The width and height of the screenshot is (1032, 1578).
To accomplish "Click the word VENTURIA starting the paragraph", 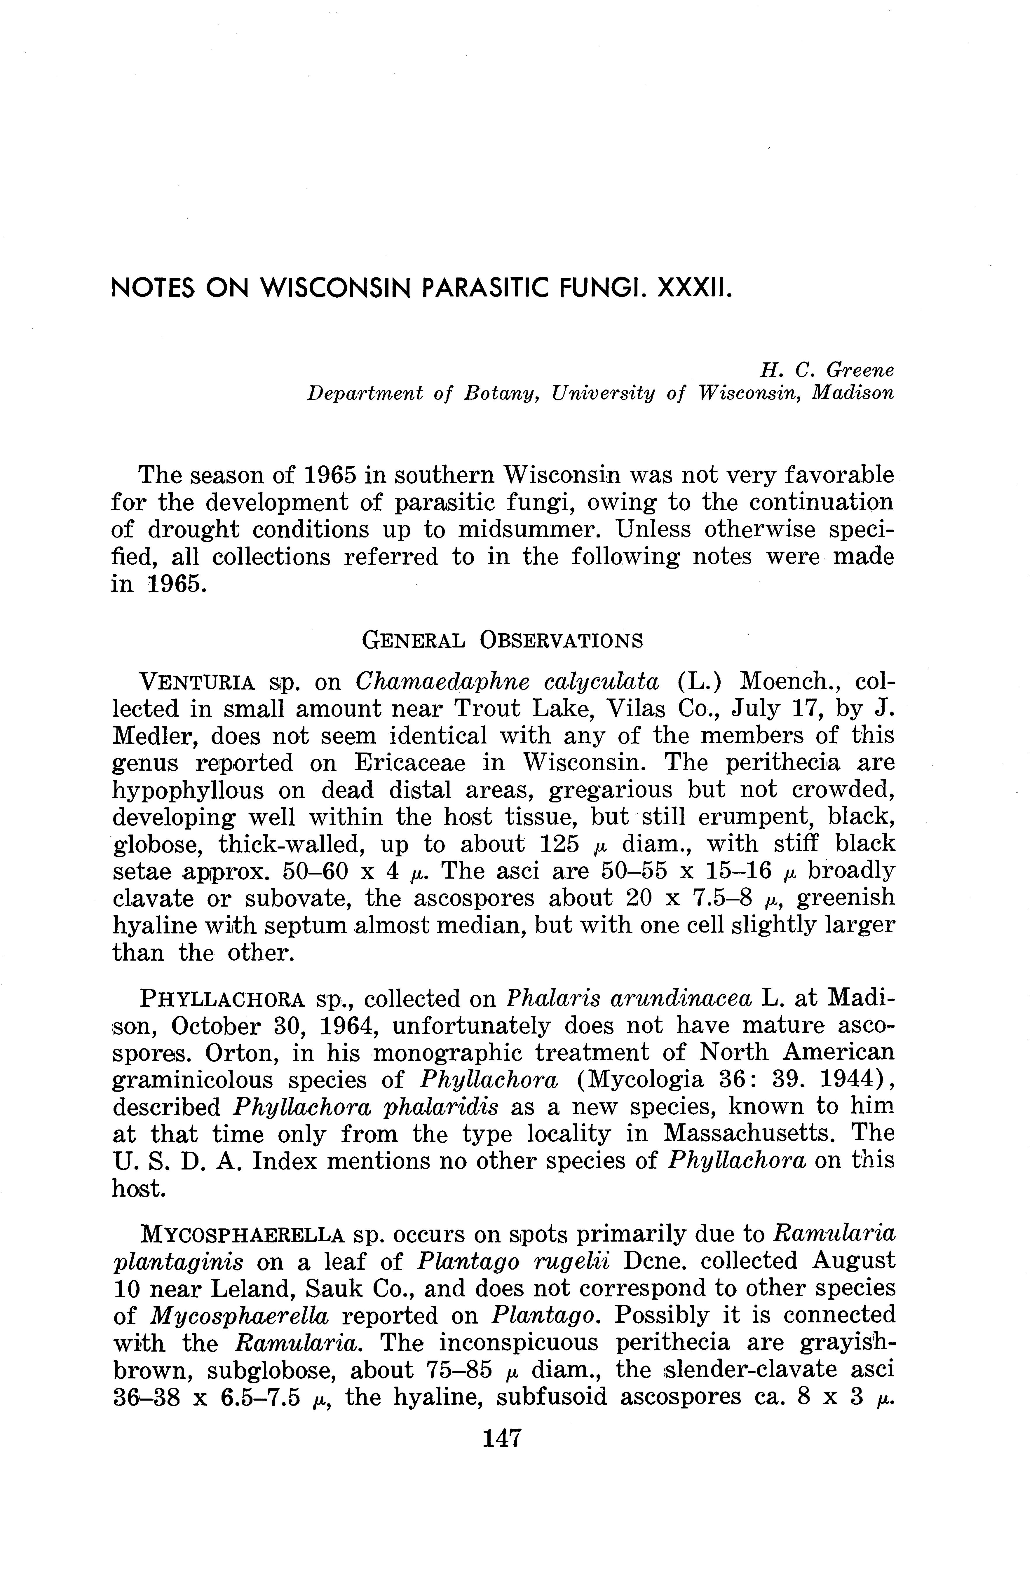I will tap(196, 682).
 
